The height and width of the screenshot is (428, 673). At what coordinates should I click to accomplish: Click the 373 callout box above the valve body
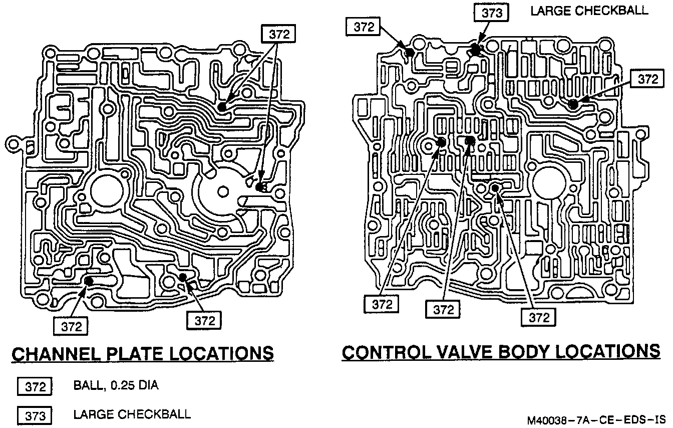pyautogui.click(x=491, y=13)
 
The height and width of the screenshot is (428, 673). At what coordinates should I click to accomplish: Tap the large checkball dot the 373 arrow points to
pyautogui.click(x=476, y=49)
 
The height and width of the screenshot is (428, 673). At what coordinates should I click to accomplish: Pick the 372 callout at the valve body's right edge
pyautogui.click(x=647, y=79)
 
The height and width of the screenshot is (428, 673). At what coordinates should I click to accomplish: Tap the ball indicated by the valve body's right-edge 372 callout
pyautogui.click(x=573, y=104)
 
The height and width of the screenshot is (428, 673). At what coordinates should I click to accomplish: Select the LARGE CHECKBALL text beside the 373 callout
pyautogui.click(x=589, y=12)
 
